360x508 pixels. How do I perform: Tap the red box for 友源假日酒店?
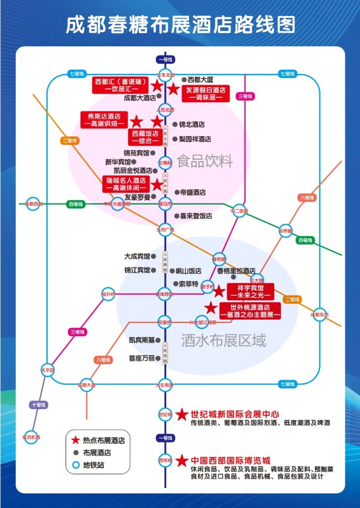(206, 93)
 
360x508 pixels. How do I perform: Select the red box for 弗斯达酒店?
(104, 120)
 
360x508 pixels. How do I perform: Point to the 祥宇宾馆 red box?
(251, 291)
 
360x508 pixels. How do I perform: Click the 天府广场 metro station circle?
(165, 229)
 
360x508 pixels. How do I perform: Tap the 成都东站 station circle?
(320, 315)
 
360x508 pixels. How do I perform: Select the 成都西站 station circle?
(34, 204)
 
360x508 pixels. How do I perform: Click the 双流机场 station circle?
(31, 437)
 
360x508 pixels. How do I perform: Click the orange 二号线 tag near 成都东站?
(292, 299)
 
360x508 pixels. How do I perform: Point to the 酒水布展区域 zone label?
(224, 340)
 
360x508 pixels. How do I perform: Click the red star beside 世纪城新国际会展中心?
(182, 414)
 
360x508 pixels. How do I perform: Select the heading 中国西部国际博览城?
(230, 461)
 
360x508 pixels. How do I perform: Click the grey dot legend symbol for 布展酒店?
(75, 453)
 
